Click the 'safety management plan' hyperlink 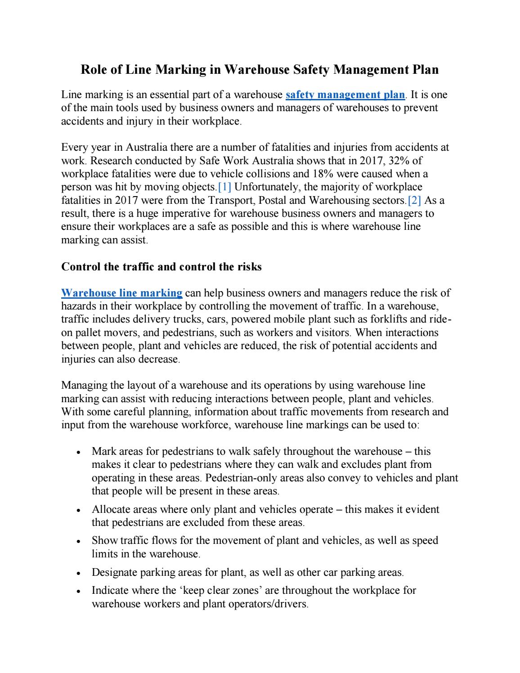pyautogui.click(x=345, y=95)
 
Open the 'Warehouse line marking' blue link pyautogui.click(x=121, y=293)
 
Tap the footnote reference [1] pyautogui.click(x=224, y=187)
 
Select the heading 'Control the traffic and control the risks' pyautogui.click(x=161, y=267)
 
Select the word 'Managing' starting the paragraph pyautogui.click(x=81, y=386)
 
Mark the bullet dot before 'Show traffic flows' pyautogui.click(x=79, y=542)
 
